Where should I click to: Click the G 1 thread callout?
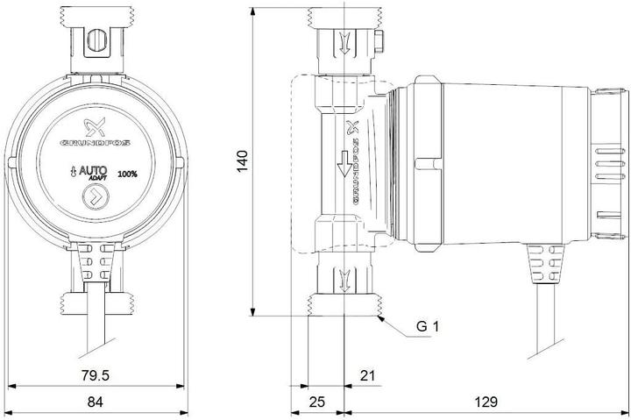click(427, 327)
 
